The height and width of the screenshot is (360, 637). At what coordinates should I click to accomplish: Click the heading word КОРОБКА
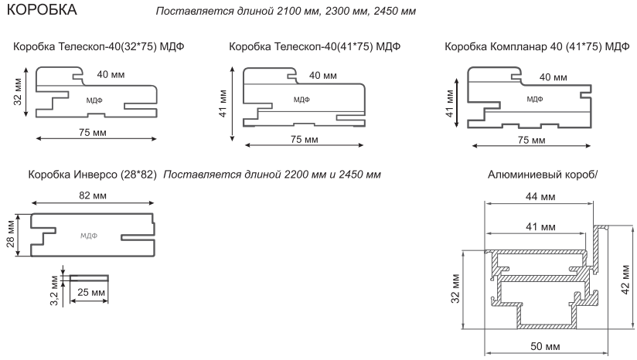pyautogui.click(x=42, y=9)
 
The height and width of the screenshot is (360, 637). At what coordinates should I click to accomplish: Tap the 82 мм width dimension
pyautogui.click(x=93, y=195)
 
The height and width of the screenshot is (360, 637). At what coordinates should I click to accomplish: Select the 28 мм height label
pyautogui.click(x=11, y=234)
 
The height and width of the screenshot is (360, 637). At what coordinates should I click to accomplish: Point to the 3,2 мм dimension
pyautogui.click(x=55, y=290)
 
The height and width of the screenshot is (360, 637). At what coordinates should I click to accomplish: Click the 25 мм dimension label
pyautogui.click(x=91, y=292)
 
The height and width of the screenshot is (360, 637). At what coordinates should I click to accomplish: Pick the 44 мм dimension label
pyautogui.click(x=540, y=196)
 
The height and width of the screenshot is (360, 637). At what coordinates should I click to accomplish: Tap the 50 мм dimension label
pyautogui.click(x=545, y=346)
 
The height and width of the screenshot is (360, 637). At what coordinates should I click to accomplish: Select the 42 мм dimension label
pyautogui.click(x=625, y=280)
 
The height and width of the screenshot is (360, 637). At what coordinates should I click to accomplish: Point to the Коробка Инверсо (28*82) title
pyautogui.click(x=92, y=175)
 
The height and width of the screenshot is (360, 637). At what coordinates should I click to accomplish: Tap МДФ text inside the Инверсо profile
pyautogui.click(x=89, y=236)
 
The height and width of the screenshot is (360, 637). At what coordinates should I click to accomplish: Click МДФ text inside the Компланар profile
pyautogui.click(x=535, y=99)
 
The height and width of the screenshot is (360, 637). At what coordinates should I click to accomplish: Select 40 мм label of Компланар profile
pyautogui.click(x=554, y=77)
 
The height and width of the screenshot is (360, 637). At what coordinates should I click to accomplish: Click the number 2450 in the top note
pyautogui.click(x=386, y=11)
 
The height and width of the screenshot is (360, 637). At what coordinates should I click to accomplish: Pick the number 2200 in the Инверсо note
pyautogui.click(x=297, y=175)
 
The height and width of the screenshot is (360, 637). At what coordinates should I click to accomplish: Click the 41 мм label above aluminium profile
pyautogui.click(x=540, y=226)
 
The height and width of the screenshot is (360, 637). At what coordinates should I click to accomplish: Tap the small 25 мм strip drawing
pyautogui.click(x=89, y=278)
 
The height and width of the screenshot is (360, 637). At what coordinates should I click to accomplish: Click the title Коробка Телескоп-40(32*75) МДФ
pyautogui.click(x=99, y=46)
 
